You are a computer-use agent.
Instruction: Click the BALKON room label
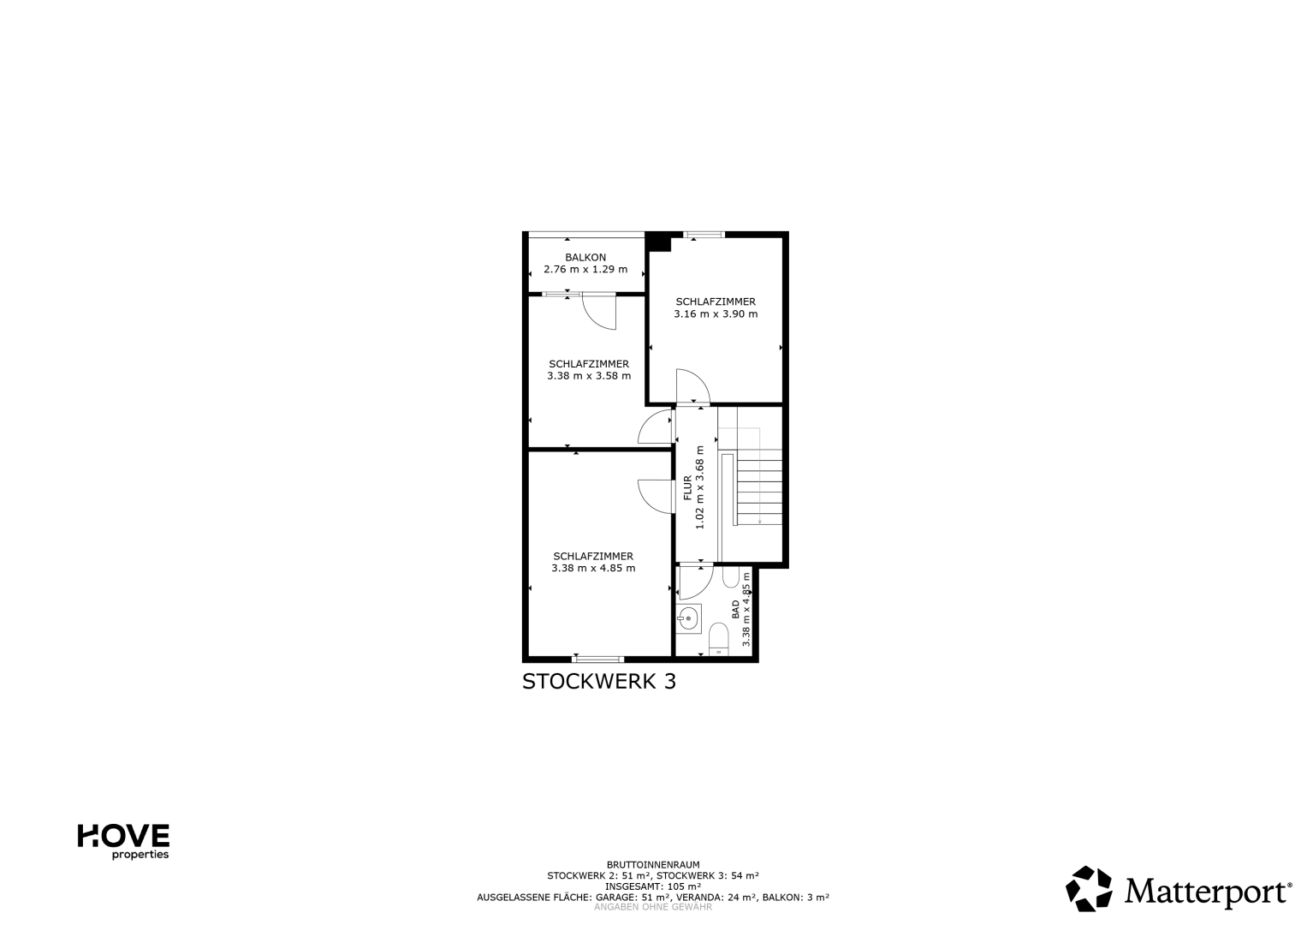(x=585, y=257)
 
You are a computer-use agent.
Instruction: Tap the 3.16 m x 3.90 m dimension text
(x=716, y=314)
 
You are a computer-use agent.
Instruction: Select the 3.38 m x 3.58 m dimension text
(x=589, y=376)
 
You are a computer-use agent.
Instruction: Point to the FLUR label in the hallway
(x=687, y=487)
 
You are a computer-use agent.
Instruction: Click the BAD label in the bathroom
(x=735, y=609)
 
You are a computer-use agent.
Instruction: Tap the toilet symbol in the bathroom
(x=718, y=640)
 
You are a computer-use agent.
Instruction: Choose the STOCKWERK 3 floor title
(x=598, y=682)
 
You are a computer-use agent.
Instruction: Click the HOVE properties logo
(x=123, y=841)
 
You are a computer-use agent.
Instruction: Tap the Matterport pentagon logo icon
(x=1088, y=889)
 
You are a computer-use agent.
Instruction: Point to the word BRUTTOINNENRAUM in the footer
(x=653, y=865)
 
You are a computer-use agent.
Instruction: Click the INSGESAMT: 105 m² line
(x=653, y=886)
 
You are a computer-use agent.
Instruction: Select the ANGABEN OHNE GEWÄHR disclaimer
(x=653, y=907)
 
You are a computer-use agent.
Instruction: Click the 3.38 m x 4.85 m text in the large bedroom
(x=593, y=568)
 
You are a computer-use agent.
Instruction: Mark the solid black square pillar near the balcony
(x=657, y=242)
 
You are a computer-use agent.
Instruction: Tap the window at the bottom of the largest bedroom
(x=597, y=659)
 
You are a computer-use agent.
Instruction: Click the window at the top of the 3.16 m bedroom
(x=704, y=235)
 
